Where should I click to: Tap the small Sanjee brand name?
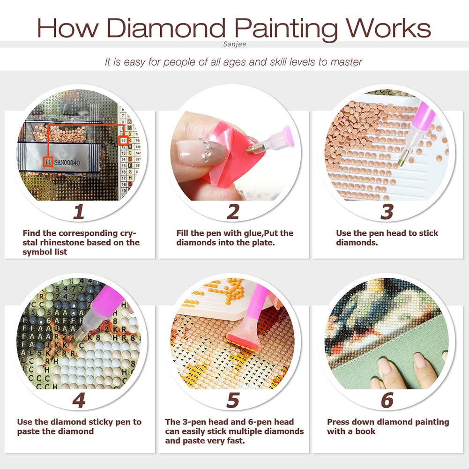click(x=235, y=44)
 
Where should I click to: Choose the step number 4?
click(x=79, y=401)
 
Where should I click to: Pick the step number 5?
click(x=233, y=401)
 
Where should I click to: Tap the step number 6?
click(x=387, y=401)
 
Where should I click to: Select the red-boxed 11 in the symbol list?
click(x=123, y=140)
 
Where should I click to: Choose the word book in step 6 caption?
click(x=365, y=431)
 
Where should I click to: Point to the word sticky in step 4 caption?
click(x=95, y=422)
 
